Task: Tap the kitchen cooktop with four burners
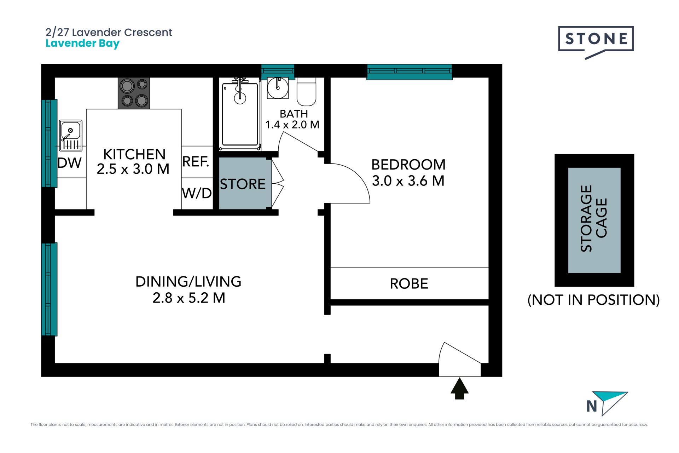tap(134, 93)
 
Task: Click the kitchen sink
tap(71, 136)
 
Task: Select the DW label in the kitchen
tap(70, 163)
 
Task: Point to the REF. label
tap(196, 162)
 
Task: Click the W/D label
tap(197, 193)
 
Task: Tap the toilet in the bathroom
tap(306, 92)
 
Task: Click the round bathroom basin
tap(278, 88)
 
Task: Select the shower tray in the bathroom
tap(240, 114)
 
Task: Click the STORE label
tap(243, 184)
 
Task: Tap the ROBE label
tap(409, 284)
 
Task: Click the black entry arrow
tap(459, 389)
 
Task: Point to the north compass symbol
tap(607, 403)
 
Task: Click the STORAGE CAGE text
tap(594, 218)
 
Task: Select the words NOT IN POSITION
tap(593, 300)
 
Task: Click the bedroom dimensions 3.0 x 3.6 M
tap(408, 181)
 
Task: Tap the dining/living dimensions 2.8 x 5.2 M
tap(189, 298)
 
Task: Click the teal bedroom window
tap(410, 72)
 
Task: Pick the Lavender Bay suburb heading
tap(83, 44)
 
